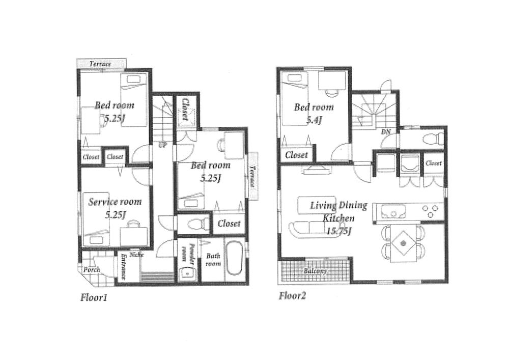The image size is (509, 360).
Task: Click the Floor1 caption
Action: point(94,297)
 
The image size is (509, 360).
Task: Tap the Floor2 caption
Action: point(292,296)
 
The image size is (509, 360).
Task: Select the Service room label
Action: point(115,202)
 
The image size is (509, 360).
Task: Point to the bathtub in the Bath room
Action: point(234,260)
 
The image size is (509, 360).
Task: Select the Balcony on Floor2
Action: point(315,271)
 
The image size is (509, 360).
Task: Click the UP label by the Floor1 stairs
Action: point(163,145)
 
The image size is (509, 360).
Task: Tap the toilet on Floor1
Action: point(195,223)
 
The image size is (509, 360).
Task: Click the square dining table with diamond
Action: point(403,244)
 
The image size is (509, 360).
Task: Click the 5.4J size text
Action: point(314,120)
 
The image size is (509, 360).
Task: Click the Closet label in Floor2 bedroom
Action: point(296,155)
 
